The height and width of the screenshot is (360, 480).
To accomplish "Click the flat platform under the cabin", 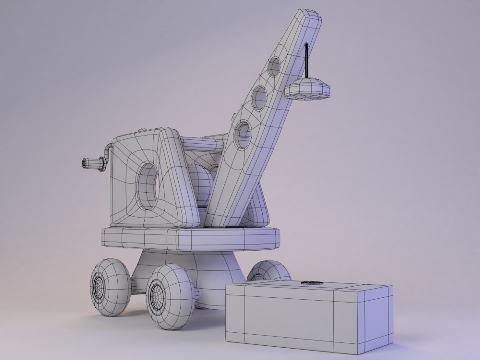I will pos(190,238).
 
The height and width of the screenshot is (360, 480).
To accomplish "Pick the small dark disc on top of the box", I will pos(312,283).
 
